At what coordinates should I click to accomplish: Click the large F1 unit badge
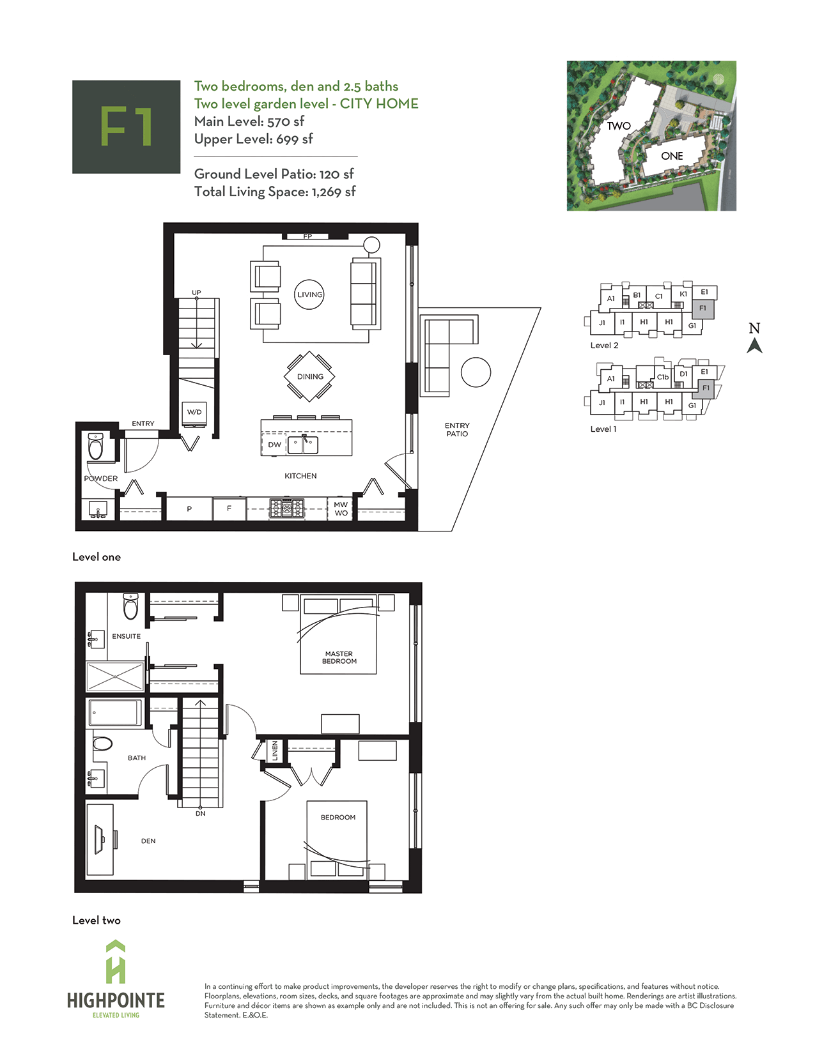(x=126, y=126)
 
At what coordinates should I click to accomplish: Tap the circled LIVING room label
(x=309, y=294)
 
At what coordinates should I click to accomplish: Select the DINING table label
(x=310, y=376)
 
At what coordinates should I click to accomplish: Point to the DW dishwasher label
(x=275, y=445)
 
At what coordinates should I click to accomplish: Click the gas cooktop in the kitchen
(x=286, y=509)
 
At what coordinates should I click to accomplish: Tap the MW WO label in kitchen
(x=341, y=509)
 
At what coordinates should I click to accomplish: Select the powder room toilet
(x=96, y=447)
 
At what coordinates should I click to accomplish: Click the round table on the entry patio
(x=476, y=372)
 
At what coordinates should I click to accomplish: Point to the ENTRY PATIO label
(x=457, y=429)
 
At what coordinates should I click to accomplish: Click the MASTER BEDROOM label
(x=339, y=657)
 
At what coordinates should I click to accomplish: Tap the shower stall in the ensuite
(x=115, y=676)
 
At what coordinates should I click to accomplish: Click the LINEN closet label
(x=275, y=751)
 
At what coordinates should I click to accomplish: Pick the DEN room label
(x=148, y=841)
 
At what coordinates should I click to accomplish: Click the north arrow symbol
(x=754, y=346)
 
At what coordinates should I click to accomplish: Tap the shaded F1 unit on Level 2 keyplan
(x=703, y=308)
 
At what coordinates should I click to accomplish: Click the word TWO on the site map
(x=618, y=126)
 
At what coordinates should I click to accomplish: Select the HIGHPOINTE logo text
(x=116, y=1000)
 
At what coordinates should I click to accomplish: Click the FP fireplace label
(x=307, y=236)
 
